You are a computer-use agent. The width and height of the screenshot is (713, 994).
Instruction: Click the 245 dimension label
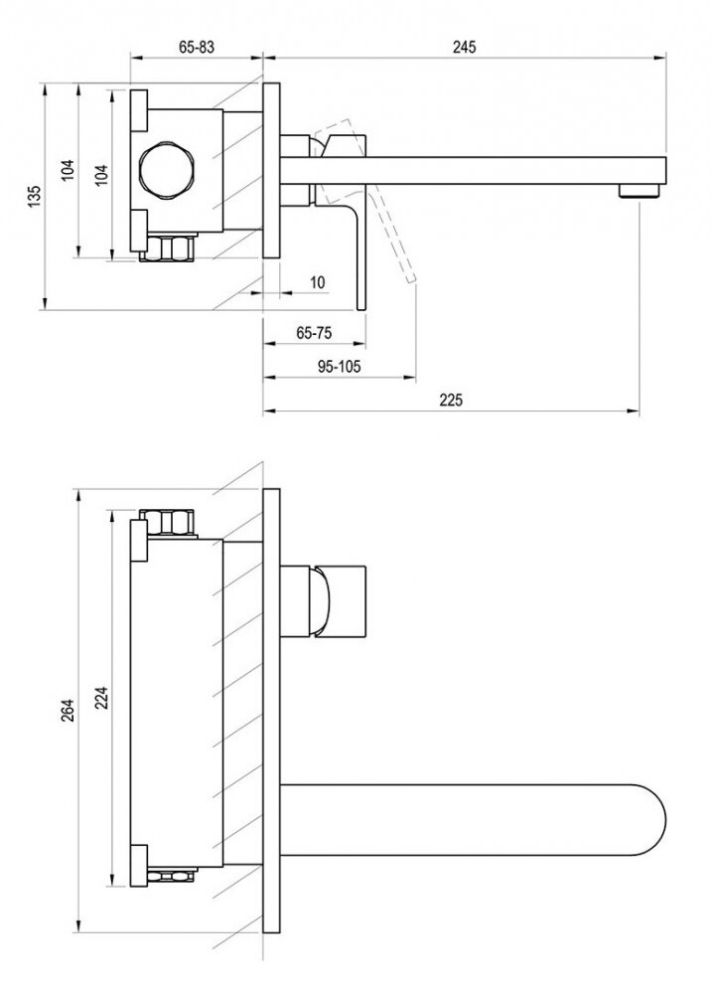tap(464, 46)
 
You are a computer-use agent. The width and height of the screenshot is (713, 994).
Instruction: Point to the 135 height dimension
tap(34, 197)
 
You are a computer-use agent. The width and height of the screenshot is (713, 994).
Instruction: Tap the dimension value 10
tap(317, 282)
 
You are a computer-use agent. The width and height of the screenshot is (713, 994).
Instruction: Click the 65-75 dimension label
tap(313, 334)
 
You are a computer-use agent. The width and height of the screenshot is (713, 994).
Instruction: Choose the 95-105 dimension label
tap(339, 366)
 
